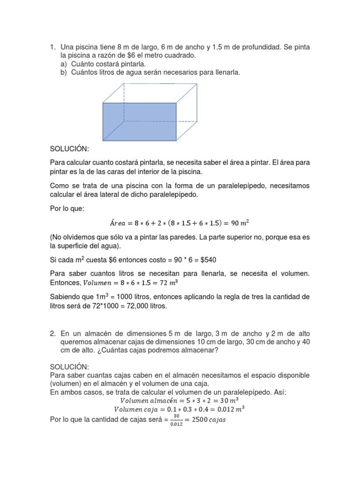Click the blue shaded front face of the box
(x=139, y=121)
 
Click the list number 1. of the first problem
(x=53, y=47)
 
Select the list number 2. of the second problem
(x=53, y=333)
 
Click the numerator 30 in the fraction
(x=176, y=416)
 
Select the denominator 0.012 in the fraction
(x=176, y=423)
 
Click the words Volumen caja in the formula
(x=137, y=409)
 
